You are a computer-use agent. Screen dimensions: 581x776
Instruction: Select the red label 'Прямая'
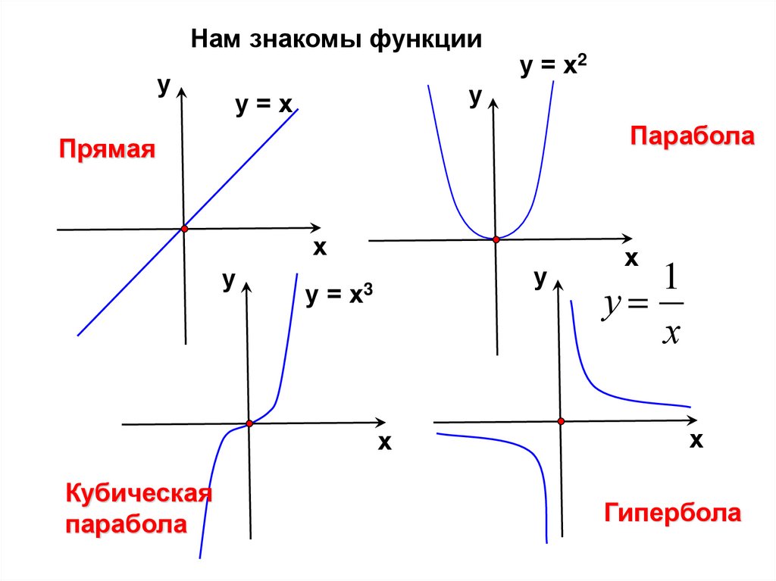pos(108,149)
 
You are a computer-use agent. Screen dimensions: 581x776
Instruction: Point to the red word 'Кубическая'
pos(138,494)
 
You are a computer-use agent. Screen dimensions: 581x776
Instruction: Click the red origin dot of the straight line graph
pos(183,229)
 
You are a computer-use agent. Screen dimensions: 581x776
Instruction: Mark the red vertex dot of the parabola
pos(496,239)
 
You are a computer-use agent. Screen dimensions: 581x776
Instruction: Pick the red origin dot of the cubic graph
pos(249,423)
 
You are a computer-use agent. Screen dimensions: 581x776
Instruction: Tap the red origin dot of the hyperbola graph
pos(561,421)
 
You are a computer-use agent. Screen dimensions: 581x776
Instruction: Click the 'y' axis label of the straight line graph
pos(163,86)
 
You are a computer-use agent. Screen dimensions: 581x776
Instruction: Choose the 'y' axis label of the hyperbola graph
pos(540,280)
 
